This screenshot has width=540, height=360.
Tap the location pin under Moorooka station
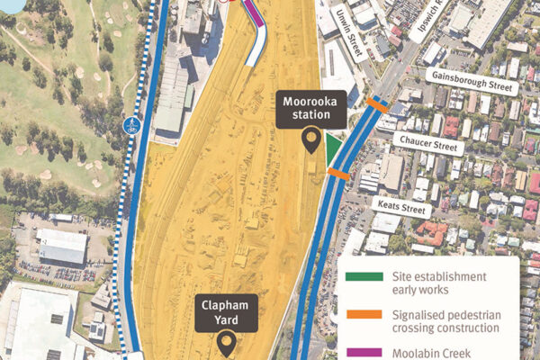point(312,139)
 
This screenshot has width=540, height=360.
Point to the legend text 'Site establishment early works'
point(439,283)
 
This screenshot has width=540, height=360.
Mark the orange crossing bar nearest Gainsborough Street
point(376,105)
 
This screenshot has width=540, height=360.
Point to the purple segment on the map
point(254,14)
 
